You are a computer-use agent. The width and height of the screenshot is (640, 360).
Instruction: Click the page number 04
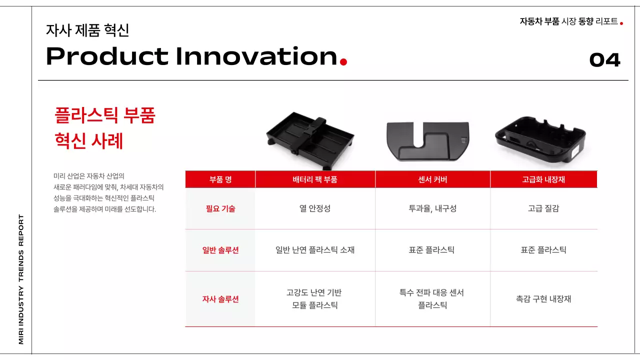pyautogui.click(x=604, y=60)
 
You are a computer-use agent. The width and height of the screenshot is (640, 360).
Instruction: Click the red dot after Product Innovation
pyautogui.click(x=343, y=62)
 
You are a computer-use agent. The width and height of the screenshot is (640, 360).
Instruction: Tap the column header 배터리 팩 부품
pyautogui.click(x=315, y=179)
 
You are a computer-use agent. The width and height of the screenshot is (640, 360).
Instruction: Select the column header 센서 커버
pyautogui.click(x=432, y=179)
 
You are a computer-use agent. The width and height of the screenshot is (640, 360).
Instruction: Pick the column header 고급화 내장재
pyautogui.click(x=543, y=179)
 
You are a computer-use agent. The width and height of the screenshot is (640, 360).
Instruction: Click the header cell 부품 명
pyautogui.click(x=220, y=179)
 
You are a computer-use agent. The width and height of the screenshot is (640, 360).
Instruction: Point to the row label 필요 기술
pyautogui.click(x=220, y=208)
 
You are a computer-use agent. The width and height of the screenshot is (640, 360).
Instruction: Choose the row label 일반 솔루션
pyautogui.click(x=220, y=250)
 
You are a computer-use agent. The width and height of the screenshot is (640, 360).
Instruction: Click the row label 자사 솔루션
pyautogui.click(x=220, y=299)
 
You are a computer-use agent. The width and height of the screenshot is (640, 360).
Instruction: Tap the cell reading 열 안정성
pyautogui.click(x=315, y=208)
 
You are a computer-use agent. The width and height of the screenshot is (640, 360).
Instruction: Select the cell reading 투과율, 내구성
pyautogui.click(x=432, y=208)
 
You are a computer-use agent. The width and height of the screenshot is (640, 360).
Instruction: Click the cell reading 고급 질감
pyautogui.click(x=543, y=208)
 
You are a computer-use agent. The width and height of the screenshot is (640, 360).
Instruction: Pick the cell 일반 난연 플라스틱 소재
pyautogui.click(x=315, y=250)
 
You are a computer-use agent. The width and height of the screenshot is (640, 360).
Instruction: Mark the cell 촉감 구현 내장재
pyautogui.click(x=543, y=299)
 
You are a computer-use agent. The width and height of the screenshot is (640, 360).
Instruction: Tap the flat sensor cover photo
pyautogui.click(x=428, y=140)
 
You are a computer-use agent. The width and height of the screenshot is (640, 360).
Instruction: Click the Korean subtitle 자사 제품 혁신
pyautogui.click(x=87, y=30)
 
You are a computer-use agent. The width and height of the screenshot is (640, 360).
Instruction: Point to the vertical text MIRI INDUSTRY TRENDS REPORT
pyautogui.click(x=21, y=279)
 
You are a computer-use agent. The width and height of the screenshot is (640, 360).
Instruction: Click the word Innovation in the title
pyautogui.click(x=256, y=56)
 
